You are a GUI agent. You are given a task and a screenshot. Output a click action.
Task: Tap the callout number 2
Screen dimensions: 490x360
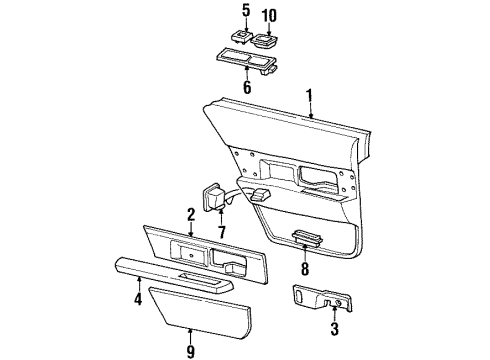[x=189, y=212]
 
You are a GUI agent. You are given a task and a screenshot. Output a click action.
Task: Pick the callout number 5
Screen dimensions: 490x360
[x=243, y=11]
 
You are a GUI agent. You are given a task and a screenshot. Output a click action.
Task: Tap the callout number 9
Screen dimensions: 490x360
[x=190, y=350]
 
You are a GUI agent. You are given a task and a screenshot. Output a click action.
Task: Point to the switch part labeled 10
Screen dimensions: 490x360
[x=266, y=41]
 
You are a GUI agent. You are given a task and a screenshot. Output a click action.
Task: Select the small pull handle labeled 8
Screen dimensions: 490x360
[x=304, y=238]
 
